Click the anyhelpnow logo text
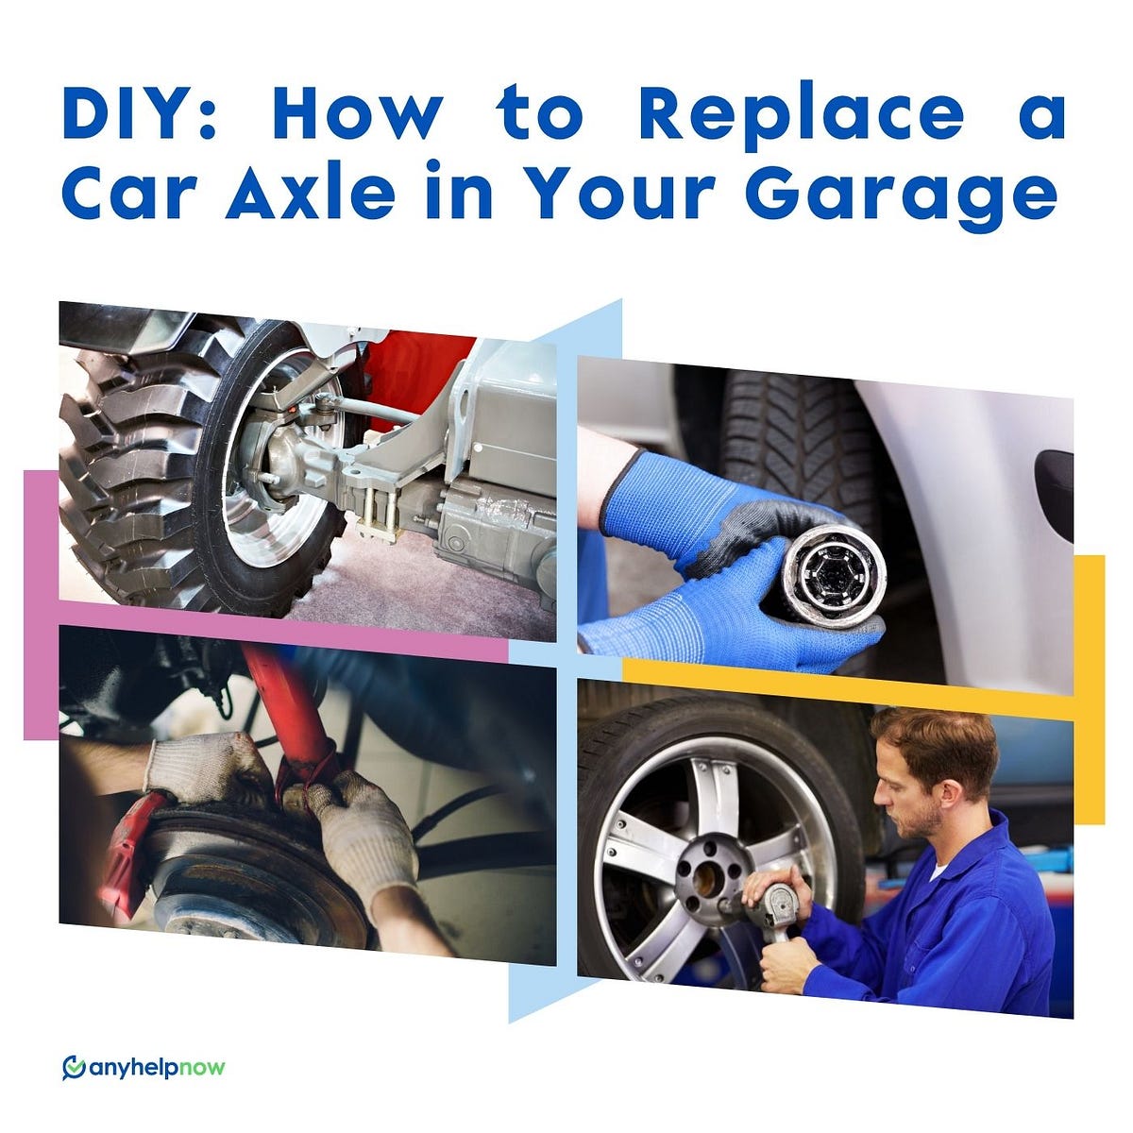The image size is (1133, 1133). [x=157, y=1068]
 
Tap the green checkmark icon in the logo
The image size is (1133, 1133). [x=73, y=1068]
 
